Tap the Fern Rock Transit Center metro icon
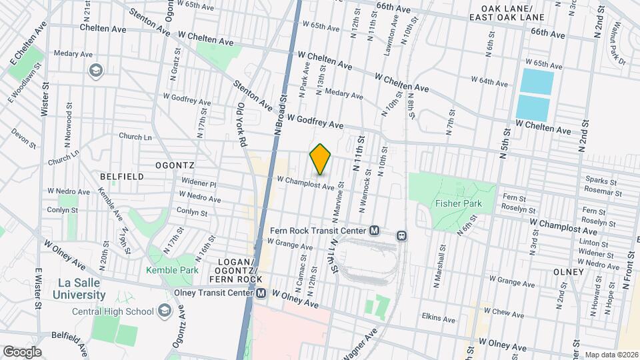pos(375,231)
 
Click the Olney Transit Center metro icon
pos(260,293)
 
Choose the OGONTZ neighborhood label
pos(174,164)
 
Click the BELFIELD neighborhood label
pos(121,176)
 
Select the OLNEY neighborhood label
pos(567,271)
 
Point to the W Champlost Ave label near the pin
pos(305,182)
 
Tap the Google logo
pos(22,351)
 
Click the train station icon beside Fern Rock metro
pos(401,235)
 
